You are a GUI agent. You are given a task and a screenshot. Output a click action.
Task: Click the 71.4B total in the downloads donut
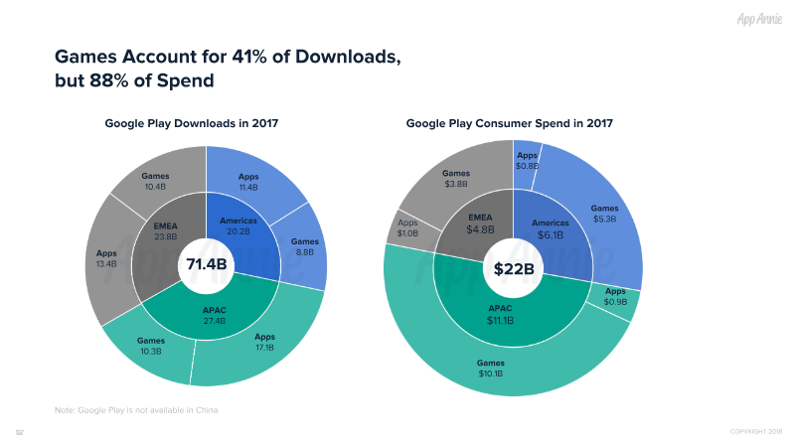pos(206,265)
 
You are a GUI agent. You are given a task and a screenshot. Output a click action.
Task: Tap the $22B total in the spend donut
pos(514,268)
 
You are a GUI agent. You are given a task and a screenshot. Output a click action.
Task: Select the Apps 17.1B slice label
pos(263,343)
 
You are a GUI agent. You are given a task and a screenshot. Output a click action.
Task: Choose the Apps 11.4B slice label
pos(248,181)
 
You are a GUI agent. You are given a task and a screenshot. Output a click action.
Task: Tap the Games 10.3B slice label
pos(151,346)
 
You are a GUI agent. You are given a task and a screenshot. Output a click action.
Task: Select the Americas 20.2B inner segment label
pos(238,225)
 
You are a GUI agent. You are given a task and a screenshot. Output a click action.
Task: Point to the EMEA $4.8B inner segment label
pos(480,224)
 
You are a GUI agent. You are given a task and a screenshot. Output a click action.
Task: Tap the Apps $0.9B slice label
pos(616,296)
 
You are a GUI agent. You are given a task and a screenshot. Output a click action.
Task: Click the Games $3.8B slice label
pos(456,179)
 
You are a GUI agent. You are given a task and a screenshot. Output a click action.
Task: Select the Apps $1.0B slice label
pos(408,228)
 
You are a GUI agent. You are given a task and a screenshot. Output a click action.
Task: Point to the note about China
pos(136,409)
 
